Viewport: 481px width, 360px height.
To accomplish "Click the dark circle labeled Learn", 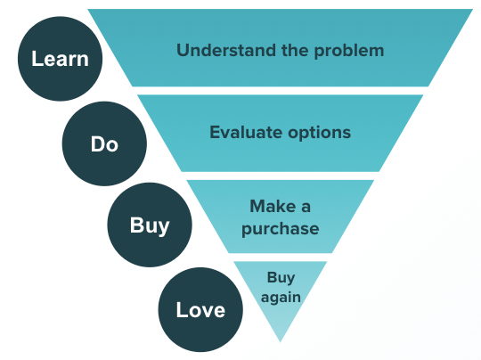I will tap(60, 61).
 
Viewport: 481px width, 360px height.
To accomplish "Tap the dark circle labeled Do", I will tap(104, 143).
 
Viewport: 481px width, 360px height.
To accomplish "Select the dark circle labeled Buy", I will tap(150, 225).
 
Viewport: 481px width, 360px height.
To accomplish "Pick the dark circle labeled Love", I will tap(200, 309).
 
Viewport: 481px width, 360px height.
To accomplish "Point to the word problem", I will tap(347, 50).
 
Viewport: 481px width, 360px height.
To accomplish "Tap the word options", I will tap(316, 133).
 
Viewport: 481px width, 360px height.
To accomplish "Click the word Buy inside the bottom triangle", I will tap(280, 277).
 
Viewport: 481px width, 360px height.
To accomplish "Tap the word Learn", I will tap(60, 61).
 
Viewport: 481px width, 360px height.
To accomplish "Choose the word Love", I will tap(200, 310).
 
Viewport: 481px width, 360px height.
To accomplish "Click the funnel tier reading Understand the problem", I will tap(280, 71).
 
